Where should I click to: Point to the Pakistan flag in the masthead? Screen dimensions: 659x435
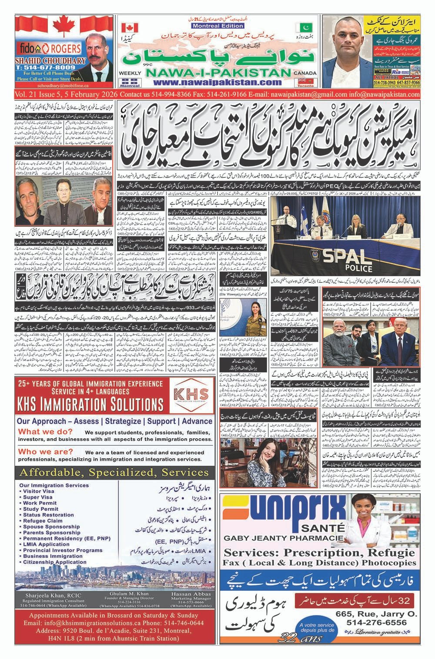[x=301, y=28]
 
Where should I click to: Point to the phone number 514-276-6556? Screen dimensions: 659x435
[x=377, y=623]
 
